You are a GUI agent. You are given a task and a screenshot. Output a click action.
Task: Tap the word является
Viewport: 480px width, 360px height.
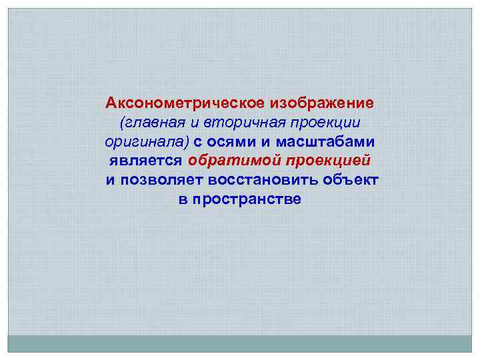[145, 161]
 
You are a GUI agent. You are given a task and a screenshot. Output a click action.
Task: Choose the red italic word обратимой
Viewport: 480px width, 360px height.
[231, 161]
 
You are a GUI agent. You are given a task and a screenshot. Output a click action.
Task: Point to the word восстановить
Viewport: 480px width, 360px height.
[266, 181]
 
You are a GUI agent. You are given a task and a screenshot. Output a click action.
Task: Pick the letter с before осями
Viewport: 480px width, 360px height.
[198, 143]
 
